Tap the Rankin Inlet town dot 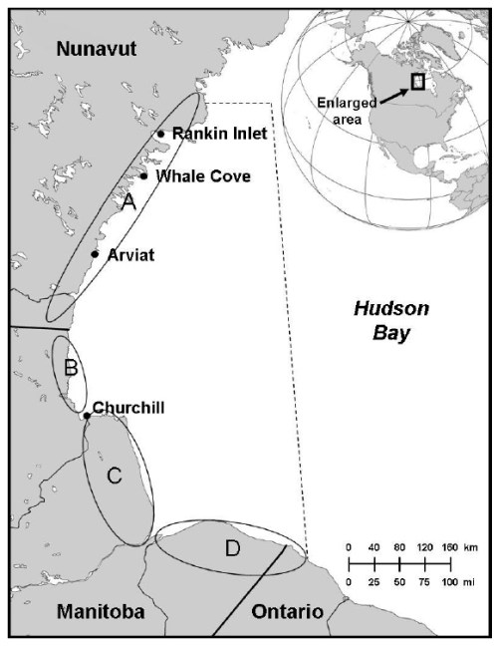(160, 134)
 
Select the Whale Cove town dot (143, 176)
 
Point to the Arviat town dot (95, 254)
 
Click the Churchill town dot (87, 416)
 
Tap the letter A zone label (126, 201)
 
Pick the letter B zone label (71, 368)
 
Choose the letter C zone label (114, 477)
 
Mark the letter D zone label (231, 548)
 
